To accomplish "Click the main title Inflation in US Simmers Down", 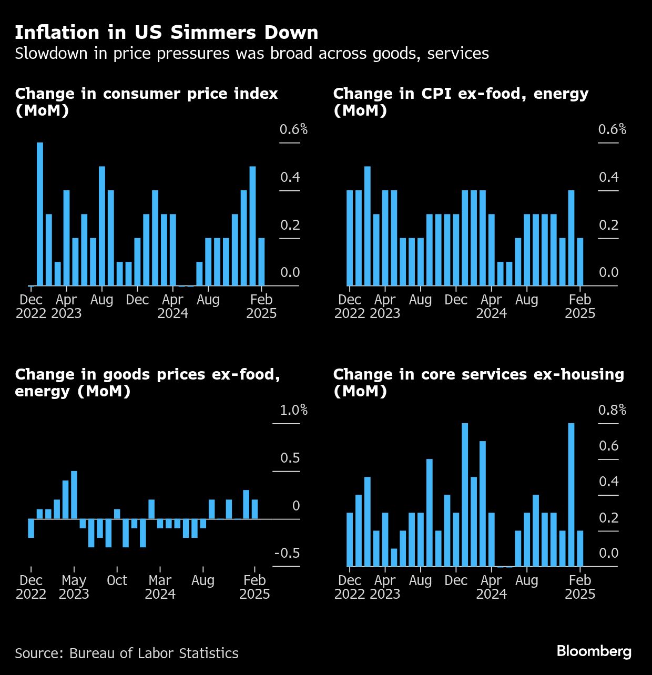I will pyautogui.click(x=166, y=33).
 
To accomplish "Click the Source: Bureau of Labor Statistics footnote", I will pyautogui.click(x=127, y=653).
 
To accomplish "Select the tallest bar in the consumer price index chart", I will pyautogui.click(x=40, y=214).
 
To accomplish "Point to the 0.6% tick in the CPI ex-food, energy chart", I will pyautogui.click(x=612, y=129).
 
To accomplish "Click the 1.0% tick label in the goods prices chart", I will pyautogui.click(x=293, y=410).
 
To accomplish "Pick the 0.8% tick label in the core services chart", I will pyautogui.click(x=612, y=410).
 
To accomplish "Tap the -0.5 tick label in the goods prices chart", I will pyautogui.click(x=287, y=553).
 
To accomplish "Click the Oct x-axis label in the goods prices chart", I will pyautogui.click(x=117, y=580).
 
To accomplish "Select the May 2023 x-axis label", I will pyautogui.click(x=74, y=587).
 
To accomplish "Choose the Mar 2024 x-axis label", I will pyautogui.click(x=160, y=587).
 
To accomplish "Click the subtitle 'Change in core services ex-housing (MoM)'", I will pyautogui.click(x=478, y=382).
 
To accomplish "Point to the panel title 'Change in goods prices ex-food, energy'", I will pyautogui.click(x=147, y=382).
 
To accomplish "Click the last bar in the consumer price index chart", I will pyautogui.click(x=261, y=262).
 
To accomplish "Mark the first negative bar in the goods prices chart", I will pyautogui.click(x=31, y=528).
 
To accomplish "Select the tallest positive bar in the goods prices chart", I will pyautogui.click(x=74, y=495).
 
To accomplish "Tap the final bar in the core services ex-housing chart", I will pyautogui.click(x=580, y=548).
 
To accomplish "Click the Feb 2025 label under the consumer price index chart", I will pyautogui.click(x=261, y=306).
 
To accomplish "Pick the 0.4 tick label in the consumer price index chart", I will pyautogui.click(x=290, y=177).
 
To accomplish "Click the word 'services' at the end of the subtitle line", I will pyautogui.click(x=458, y=54).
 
